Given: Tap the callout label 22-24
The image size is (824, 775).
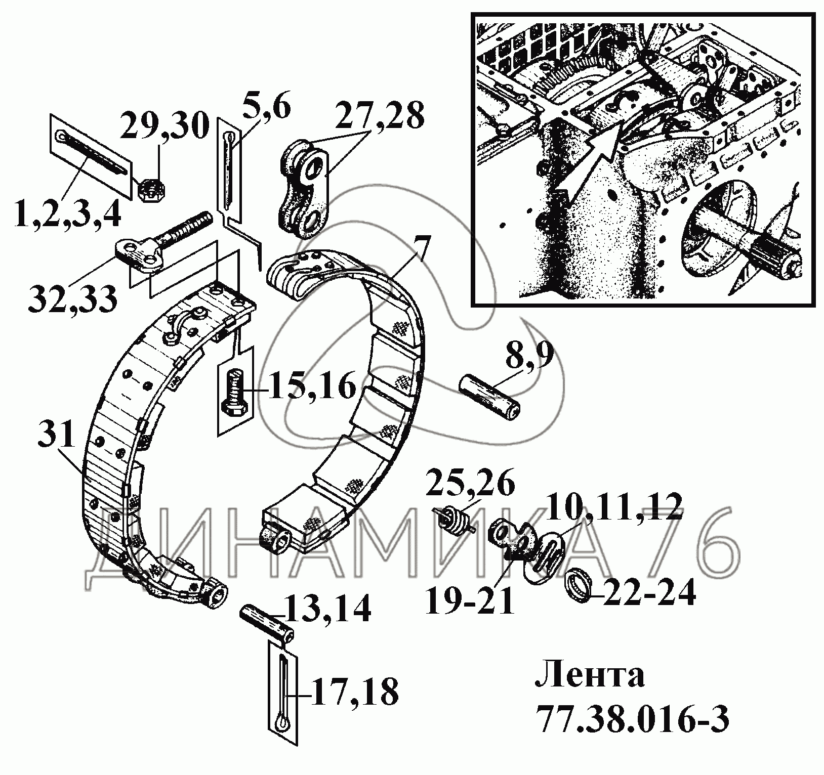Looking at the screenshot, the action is pyautogui.click(x=649, y=592).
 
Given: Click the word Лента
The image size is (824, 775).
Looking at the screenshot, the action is pyautogui.click(x=589, y=677).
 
